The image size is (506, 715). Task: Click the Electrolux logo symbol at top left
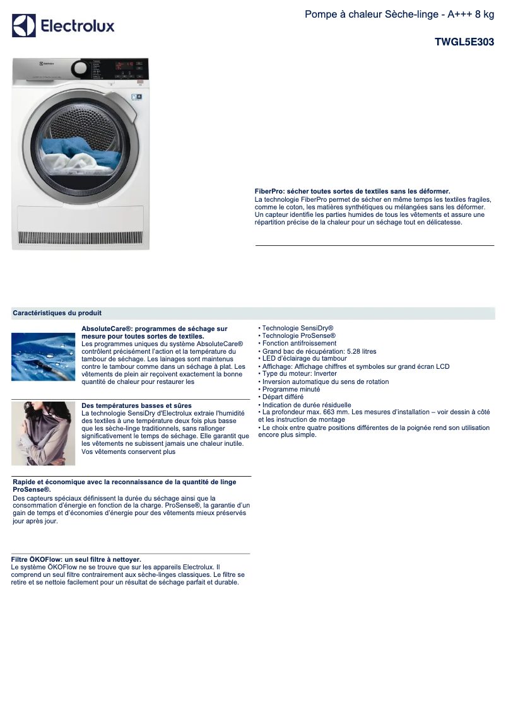pos(24,26)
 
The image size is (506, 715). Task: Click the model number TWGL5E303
pos(464,42)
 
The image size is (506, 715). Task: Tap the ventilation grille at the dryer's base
pos(81,238)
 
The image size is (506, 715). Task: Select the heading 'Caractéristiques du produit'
pos(57,313)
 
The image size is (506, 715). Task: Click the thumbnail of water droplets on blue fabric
pos(43,356)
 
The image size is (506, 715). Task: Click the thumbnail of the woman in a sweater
pos(43,433)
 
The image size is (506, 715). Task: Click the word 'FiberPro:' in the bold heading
pos(269,191)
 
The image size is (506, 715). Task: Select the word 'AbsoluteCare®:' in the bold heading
pos(107,329)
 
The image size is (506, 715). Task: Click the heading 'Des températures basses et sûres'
pos(136,405)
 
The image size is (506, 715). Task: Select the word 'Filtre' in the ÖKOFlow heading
pos(21,559)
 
